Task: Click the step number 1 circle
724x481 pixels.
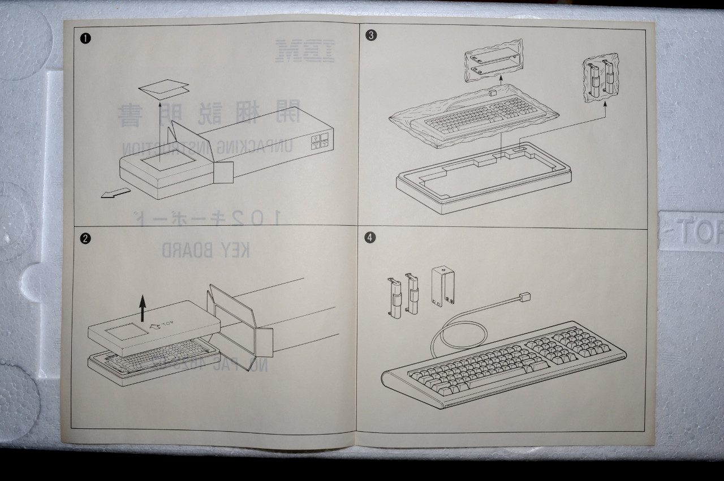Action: click(85, 38)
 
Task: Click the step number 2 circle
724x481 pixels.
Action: click(85, 238)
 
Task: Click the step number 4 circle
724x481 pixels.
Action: click(370, 238)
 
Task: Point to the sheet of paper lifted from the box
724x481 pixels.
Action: click(163, 89)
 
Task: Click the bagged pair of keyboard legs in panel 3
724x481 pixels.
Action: click(601, 79)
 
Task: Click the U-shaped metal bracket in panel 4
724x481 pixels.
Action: click(443, 287)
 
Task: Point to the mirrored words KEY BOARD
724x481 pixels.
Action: click(206, 251)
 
